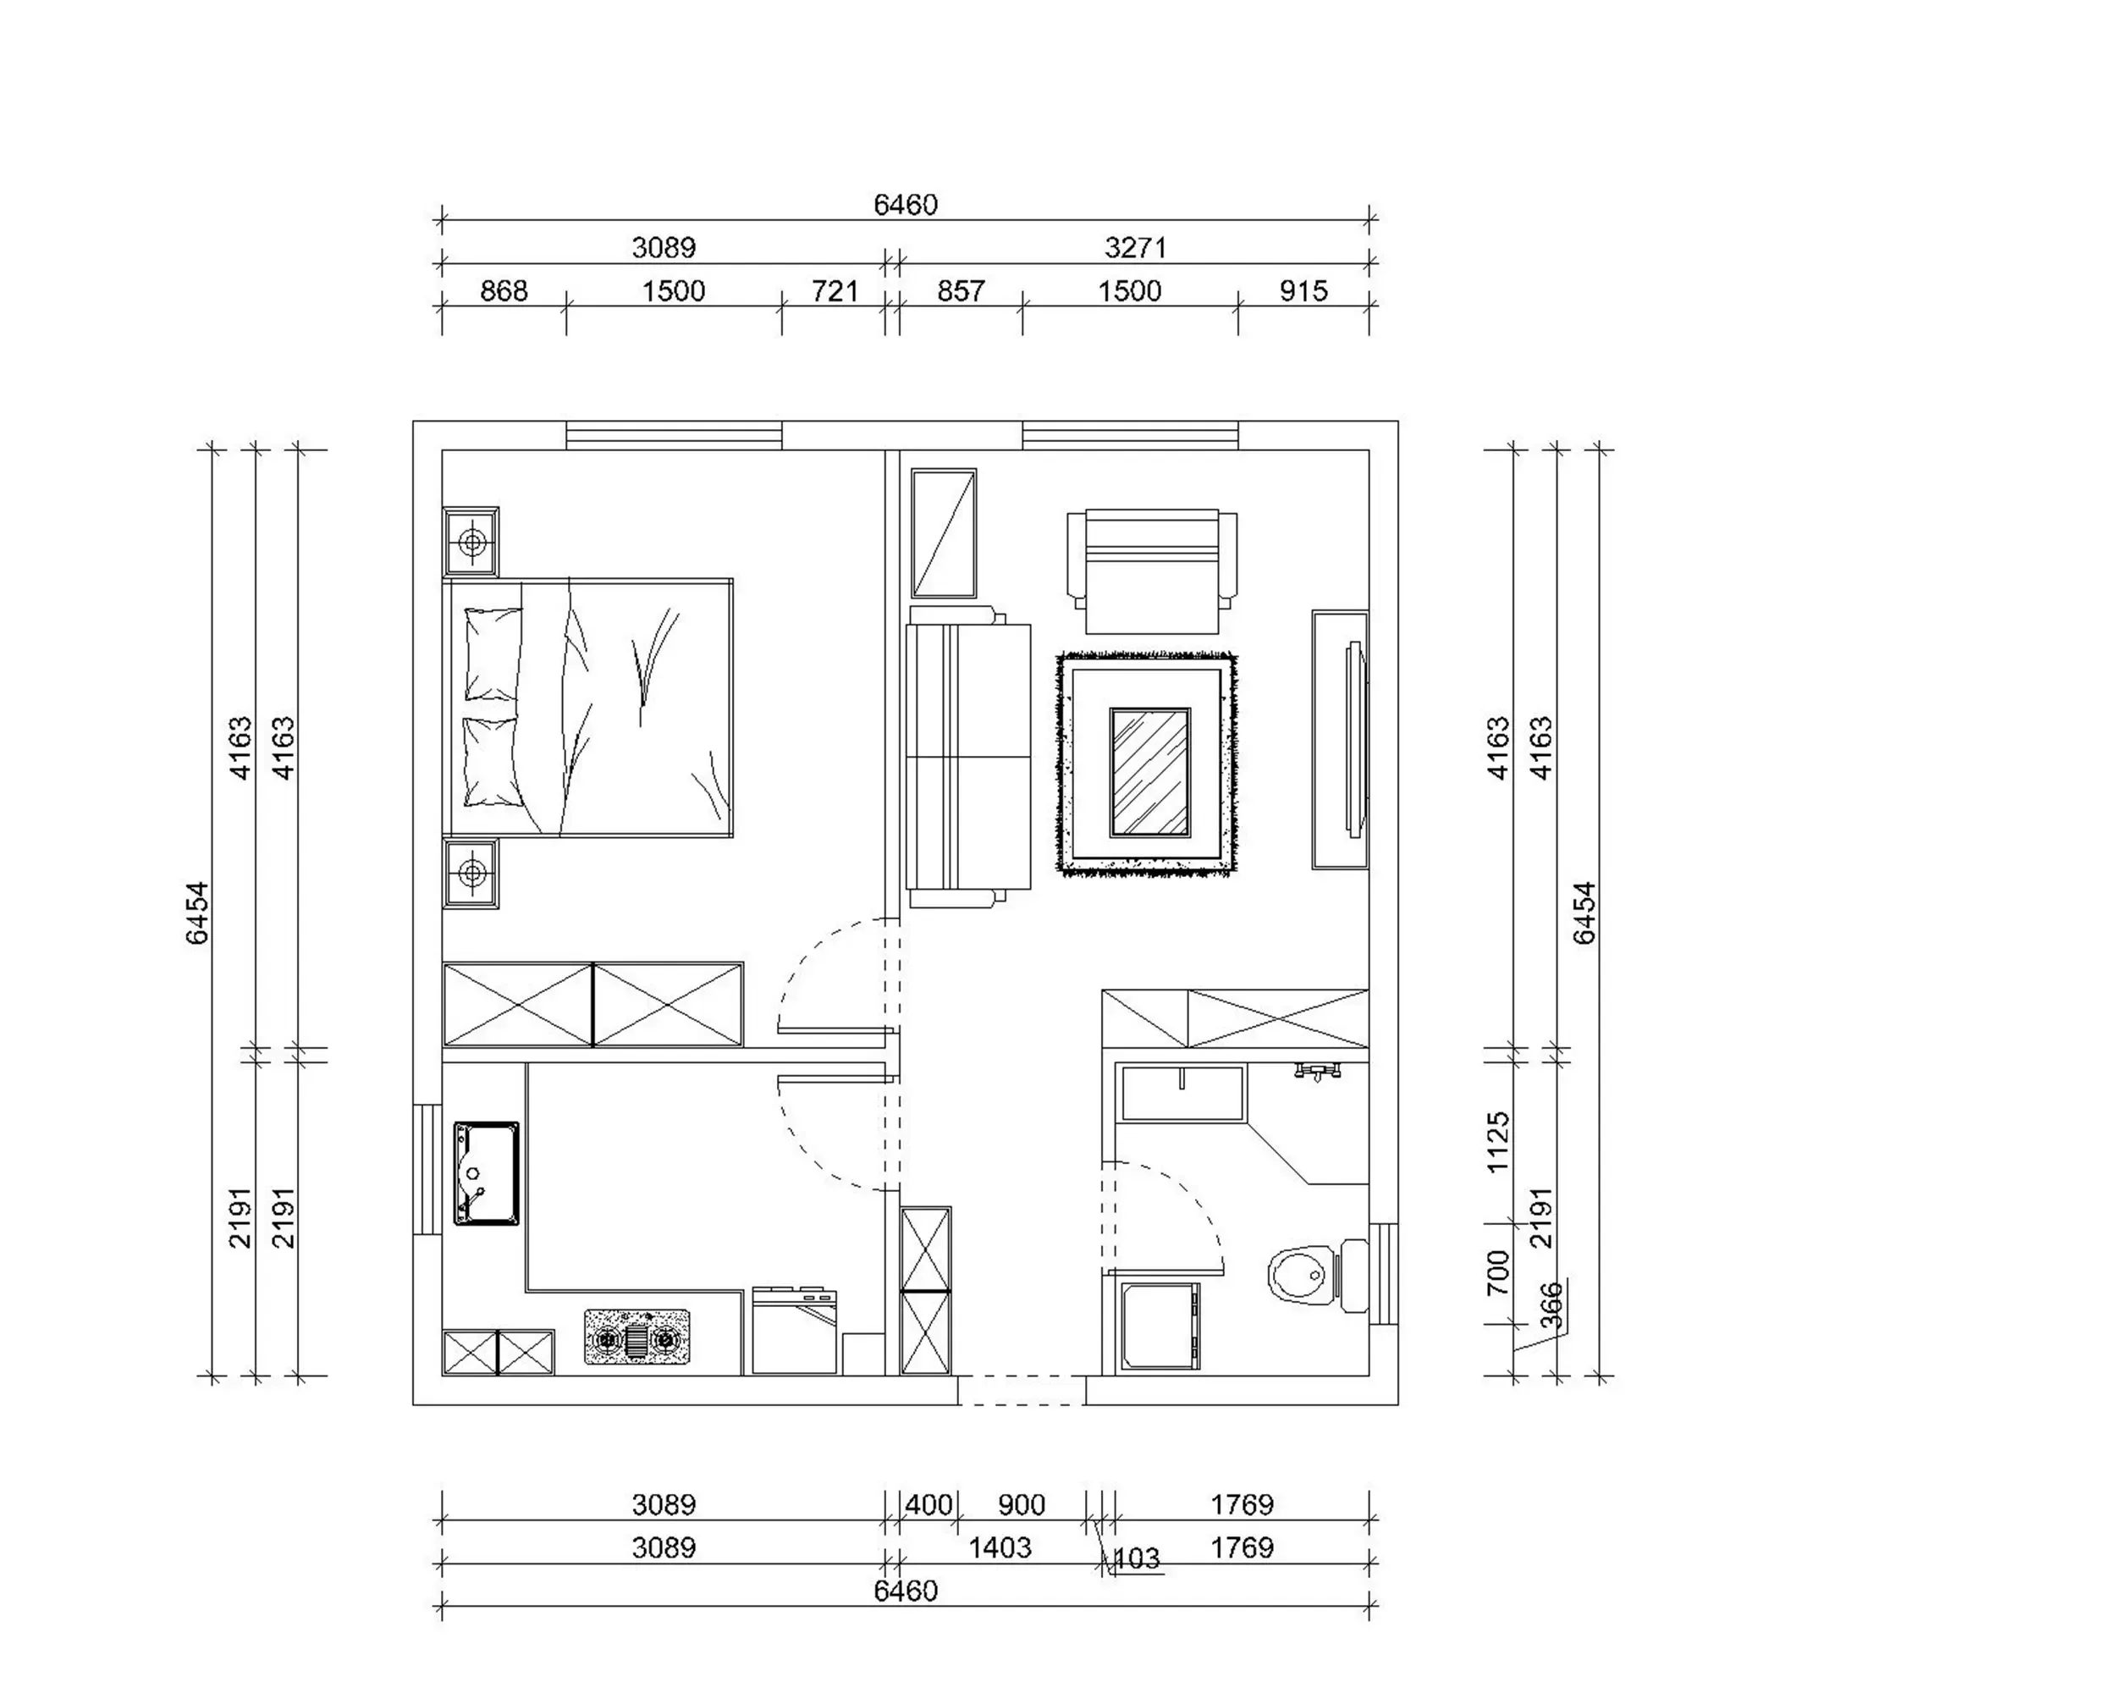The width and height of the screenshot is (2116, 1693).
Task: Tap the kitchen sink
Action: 486,1174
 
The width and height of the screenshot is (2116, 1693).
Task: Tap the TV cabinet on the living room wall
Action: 1341,740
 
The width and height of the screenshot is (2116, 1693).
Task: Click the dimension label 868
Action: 504,291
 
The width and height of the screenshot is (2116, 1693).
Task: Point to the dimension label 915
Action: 1303,291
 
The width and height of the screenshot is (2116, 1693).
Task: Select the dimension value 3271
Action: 1136,247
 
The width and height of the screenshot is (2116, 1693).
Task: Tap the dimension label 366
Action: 1551,1304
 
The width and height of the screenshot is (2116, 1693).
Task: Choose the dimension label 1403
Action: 1000,1547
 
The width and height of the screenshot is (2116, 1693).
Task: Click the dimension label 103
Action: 1138,1558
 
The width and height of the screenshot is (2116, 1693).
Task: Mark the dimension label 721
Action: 835,291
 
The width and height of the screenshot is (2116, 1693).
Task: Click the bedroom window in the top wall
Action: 675,436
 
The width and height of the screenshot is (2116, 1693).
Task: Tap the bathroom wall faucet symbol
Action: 1318,1071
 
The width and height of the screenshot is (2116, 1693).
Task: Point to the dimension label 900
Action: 1022,1504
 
